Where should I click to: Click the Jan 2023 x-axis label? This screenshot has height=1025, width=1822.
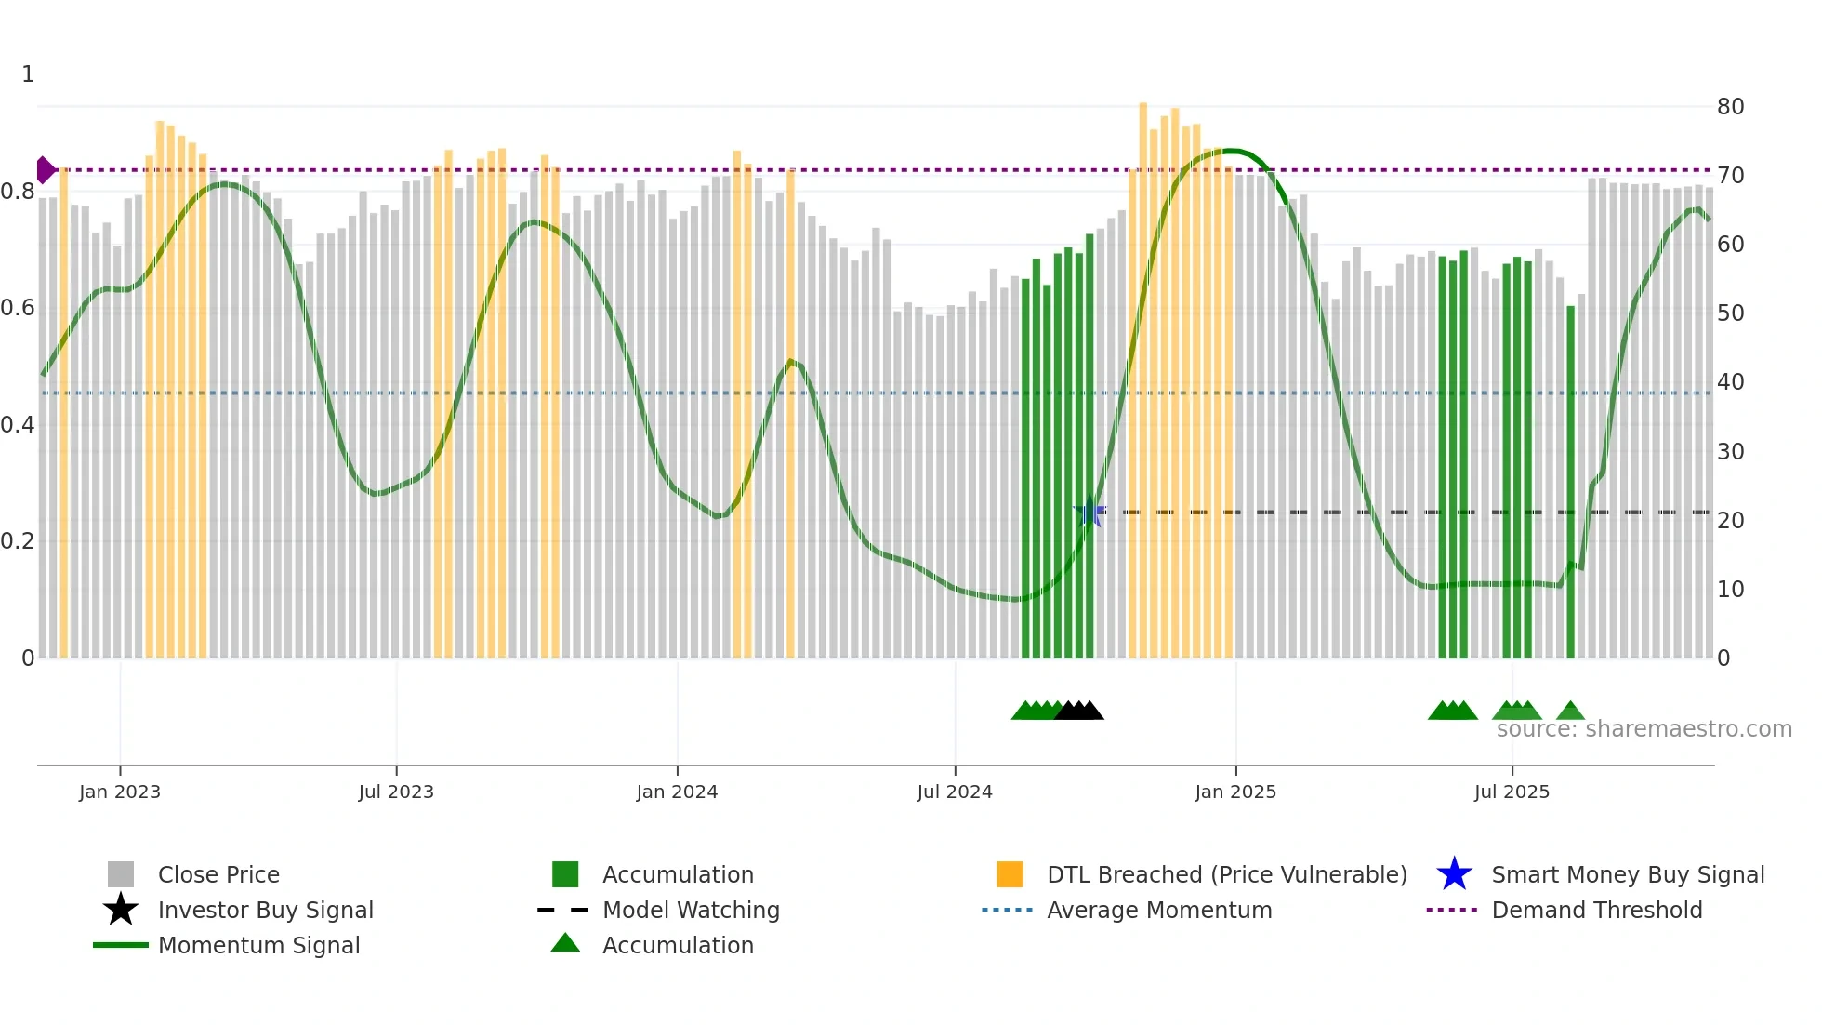point(119,792)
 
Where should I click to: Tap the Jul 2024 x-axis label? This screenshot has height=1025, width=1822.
point(954,792)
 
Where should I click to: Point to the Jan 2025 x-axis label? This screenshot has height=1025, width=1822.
point(1234,792)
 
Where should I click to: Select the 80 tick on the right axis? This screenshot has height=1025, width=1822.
point(1730,107)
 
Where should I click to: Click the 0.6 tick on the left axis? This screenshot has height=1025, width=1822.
point(18,308)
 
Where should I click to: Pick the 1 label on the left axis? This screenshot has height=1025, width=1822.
point(28,74)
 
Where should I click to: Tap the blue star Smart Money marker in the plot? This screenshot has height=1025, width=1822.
point(1089,512)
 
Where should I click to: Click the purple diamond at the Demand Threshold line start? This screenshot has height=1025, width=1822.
point(45,170)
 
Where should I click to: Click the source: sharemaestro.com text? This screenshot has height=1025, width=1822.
point(1644,729)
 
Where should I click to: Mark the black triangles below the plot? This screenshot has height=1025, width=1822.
point(1079,711)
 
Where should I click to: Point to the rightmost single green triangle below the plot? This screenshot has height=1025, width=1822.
point(1570,712)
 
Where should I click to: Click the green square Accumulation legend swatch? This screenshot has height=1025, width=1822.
point(565,874)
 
